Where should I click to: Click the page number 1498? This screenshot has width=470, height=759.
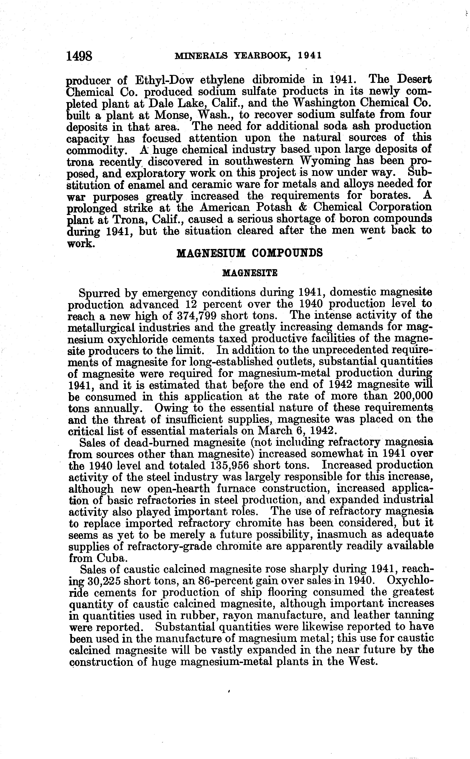coord(80,56)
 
